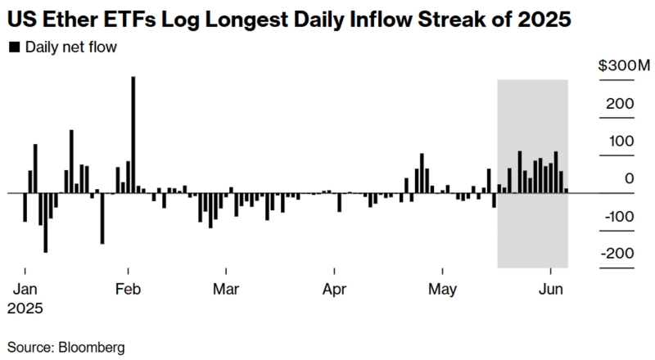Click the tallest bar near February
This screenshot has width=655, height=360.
(133, 135)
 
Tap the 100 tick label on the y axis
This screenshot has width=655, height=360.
(621, 141)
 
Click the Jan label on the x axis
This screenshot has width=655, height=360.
(25, 289)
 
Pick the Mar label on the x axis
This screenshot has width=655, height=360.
(225, 289)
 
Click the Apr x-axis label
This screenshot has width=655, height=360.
(334, 289)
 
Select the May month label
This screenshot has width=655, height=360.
(442, 289)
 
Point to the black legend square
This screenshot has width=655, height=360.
(14, 47)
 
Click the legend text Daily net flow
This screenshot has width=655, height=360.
(70, 47)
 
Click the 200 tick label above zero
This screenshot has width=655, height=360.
(621, 104)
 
